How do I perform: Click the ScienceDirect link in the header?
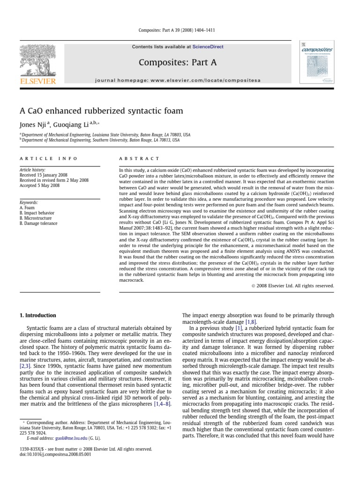tap(210, 47)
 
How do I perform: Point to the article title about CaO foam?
tap(101, 111)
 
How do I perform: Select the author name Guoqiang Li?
tap(72, 125)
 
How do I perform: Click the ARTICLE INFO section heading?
tap(48, 159)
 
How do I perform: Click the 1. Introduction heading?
tap(37, 315)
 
